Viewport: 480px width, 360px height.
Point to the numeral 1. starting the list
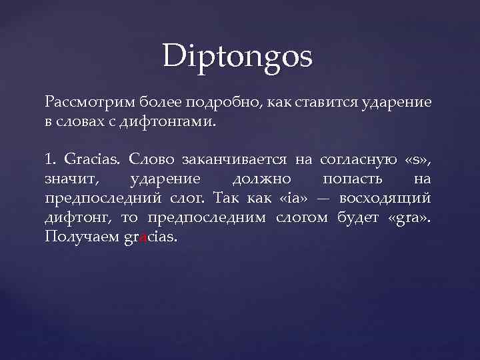[x=51, y=160]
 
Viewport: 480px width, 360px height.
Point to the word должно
[x=261, y=179]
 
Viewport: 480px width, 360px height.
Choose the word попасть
[x=352, y=179]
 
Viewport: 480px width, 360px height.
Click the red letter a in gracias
[x=141, y=238]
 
